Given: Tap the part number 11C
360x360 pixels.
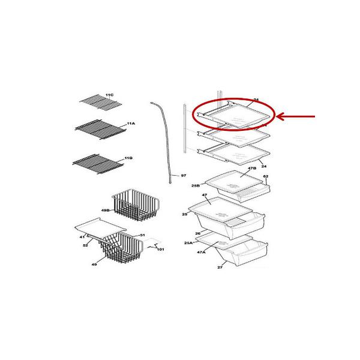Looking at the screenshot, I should pos(109,95).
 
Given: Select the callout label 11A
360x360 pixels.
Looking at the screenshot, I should pos(130,123).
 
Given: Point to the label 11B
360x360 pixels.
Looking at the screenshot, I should pos(128,158).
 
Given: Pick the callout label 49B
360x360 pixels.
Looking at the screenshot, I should pos(106,211).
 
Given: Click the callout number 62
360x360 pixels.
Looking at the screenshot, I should pos(265,177).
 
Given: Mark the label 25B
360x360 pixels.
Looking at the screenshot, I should pos(195,186).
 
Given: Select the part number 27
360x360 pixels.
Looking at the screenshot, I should pos(220,267).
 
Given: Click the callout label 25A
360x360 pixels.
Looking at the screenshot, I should pos(188,243).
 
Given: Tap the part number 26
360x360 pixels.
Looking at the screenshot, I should pos(197,233).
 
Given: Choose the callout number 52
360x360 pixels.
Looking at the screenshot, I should pos(86,245).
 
